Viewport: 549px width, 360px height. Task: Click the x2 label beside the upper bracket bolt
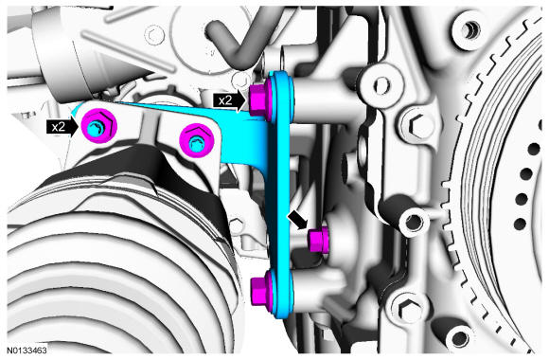click(225, 101)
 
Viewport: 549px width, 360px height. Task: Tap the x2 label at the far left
click(58, 127)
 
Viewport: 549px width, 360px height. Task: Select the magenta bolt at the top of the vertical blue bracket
click(260, 99)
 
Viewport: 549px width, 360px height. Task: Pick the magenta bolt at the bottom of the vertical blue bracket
click(262, 286)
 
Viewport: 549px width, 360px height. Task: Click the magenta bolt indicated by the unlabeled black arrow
click(318, 240)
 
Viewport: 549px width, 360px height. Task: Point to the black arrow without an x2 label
click(297, 220)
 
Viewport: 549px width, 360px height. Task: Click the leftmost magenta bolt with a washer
click(98, 126)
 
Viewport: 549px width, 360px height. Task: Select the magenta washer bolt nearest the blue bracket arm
click(197, 141)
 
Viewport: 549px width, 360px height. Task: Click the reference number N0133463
click(27, 350)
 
